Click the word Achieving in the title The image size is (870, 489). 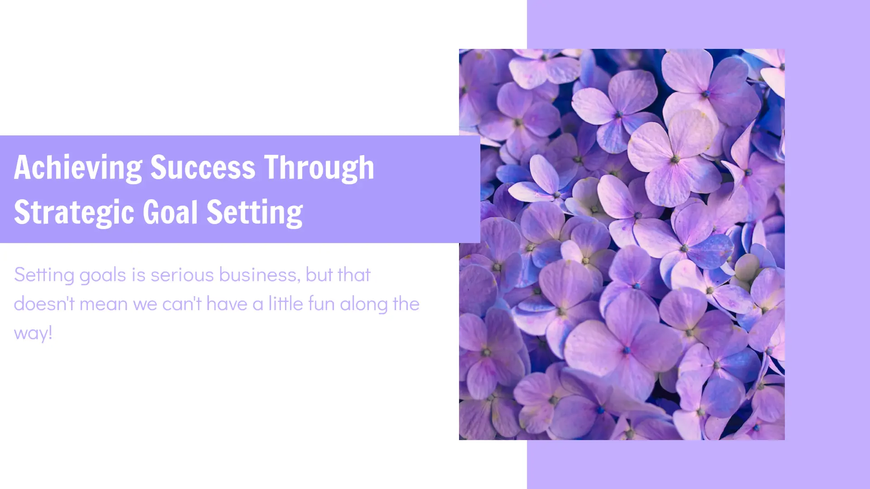point(78,168)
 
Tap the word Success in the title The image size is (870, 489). point(203,167)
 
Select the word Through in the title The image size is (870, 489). point(319,168)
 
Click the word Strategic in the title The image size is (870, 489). point(74,212)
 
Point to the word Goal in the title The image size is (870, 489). point(171,211)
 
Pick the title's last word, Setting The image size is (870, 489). point(255,212)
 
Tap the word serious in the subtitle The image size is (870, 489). point(182,275)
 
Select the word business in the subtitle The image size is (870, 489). point(260,275)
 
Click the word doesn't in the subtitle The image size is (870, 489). point(44,304)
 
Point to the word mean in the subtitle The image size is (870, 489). point(104,305)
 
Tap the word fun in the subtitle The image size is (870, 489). point(321,303)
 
